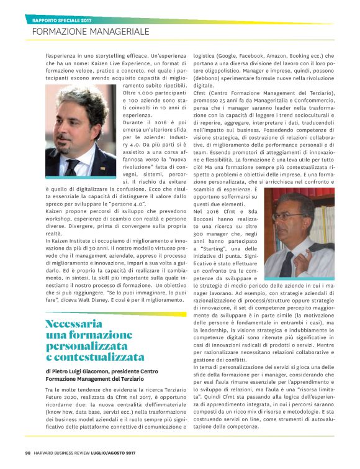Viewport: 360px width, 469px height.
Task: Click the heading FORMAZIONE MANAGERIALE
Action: point(90,30)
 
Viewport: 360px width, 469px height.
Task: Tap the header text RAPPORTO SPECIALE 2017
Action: point(65,19)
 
